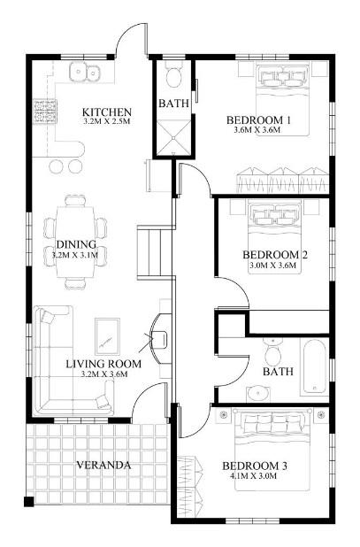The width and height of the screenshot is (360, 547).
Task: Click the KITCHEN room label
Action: (107, 112)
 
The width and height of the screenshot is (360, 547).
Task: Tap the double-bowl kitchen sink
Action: (85, 73)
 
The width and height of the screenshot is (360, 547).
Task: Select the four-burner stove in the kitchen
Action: (44, 112)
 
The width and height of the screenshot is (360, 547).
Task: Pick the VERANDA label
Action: (103, 465)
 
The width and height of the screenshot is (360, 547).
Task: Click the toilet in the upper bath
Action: (173, 75)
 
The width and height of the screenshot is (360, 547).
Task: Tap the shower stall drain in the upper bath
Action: (172, 138)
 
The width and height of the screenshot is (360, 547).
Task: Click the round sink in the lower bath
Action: (258, 393)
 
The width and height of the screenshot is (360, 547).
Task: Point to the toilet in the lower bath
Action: (272, 352)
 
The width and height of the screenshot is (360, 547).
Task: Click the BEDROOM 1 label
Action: (258, 120)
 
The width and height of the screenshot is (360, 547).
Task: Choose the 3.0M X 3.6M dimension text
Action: (273, 266)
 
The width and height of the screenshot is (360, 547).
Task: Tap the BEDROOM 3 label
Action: (255, 466)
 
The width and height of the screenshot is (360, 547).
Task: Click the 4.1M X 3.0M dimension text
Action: (255, 475)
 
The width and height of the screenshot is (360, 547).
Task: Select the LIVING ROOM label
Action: (103, 364)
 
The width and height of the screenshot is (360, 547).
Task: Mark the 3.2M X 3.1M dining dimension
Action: (75, 255)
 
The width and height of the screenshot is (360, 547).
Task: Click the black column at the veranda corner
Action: (29, 501)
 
